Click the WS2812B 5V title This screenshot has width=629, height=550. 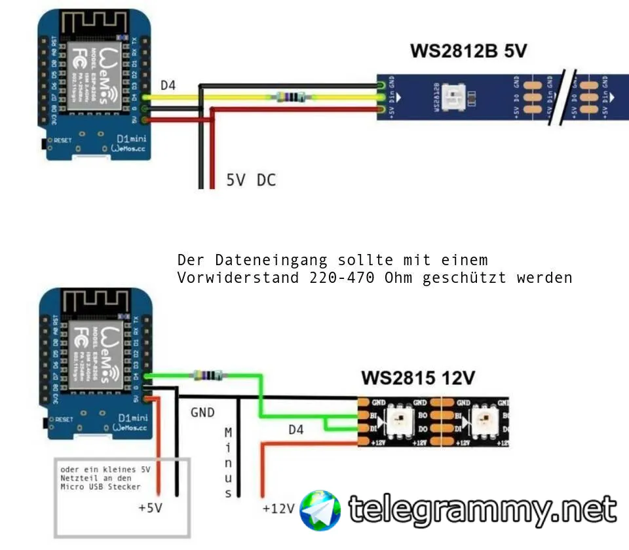coord(468,50)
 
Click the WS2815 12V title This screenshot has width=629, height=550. coord(418,378)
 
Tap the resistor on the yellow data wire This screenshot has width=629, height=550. coord(288,98)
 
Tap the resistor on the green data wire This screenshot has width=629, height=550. coord(206,375)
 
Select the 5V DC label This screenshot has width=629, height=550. coord(251,179)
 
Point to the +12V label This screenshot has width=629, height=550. coord(278,508)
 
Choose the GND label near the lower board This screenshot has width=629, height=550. coord(202,412)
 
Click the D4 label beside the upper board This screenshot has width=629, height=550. coord(168,85)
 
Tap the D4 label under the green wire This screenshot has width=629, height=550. coord(296,430)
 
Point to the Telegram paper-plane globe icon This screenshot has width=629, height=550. coord(320,510)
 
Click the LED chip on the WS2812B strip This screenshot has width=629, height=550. coord(454,97)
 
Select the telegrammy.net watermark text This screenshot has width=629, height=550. coord(482,509)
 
